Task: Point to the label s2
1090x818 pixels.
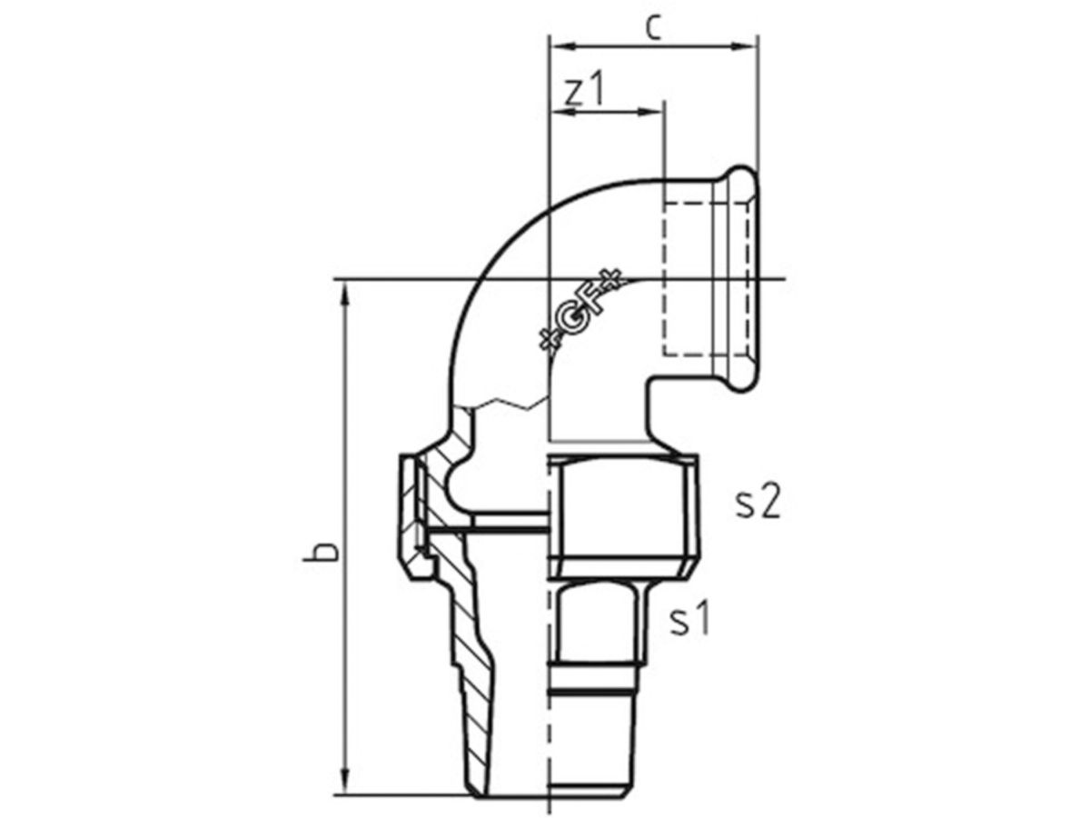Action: tap(758, 503)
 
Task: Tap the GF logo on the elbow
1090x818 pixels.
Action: tap(580, 312)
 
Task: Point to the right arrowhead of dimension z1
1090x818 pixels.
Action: tap(651, 112)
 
